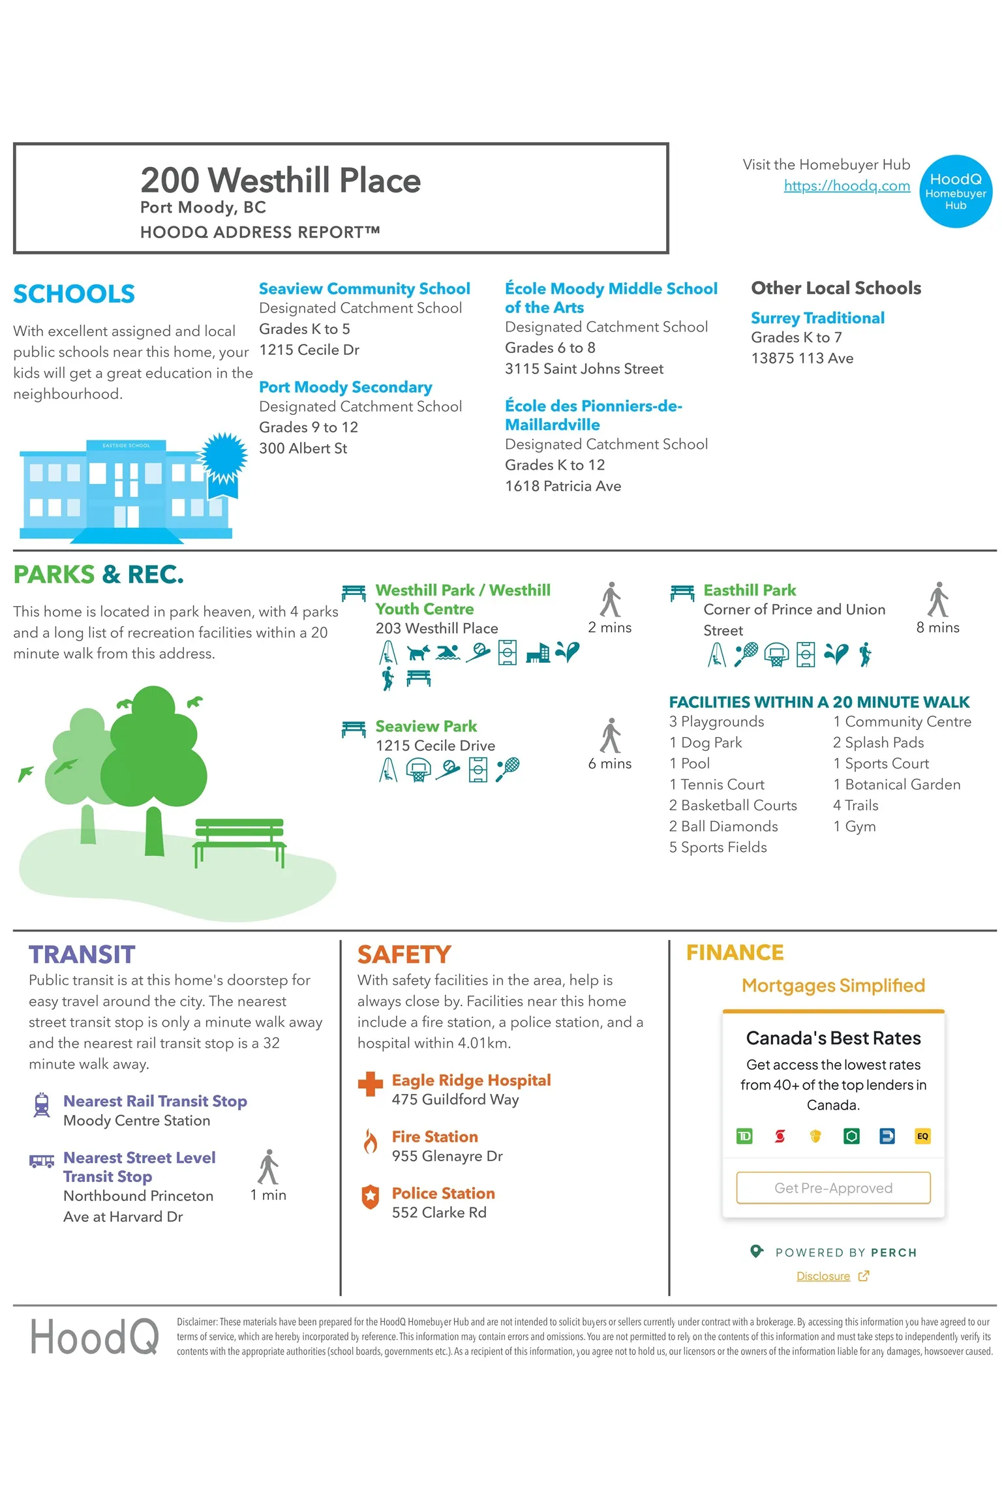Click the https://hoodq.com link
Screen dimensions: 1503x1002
846,186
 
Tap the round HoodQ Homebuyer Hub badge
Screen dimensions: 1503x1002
955,191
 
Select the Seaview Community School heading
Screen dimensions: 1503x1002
364,289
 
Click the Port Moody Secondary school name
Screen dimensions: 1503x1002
345,387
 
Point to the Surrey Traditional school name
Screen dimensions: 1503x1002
817,318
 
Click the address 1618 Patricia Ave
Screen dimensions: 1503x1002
563,486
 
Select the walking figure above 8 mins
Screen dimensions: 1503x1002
937,600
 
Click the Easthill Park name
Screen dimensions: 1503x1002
750,590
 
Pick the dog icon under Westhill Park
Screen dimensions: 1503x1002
417,652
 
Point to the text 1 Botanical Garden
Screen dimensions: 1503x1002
896,785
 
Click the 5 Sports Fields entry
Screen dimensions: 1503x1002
718,847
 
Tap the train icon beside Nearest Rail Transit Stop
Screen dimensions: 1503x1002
42,1105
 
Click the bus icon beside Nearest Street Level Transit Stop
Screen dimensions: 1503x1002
42,1161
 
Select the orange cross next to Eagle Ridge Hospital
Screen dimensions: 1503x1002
371,1084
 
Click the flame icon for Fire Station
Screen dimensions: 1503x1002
371,1142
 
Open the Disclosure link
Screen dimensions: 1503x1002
823,1277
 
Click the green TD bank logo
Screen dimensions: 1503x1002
744,1136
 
